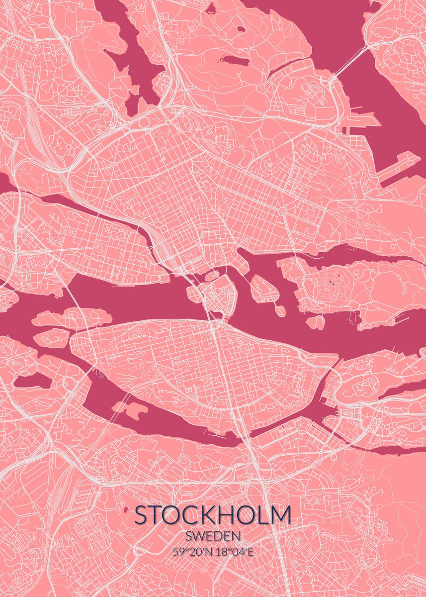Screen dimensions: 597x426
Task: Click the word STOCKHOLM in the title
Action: (213, 515)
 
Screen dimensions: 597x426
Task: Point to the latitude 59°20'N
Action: (191, 551)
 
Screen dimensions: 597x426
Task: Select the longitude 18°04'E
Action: (235, 551)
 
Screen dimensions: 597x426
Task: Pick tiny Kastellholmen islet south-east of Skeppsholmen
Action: (279, 310)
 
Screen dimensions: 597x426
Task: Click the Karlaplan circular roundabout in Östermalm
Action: (282, 211)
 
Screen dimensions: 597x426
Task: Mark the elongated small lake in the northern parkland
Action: (234, 60)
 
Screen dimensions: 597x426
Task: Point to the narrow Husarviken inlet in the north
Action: (288, 67)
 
